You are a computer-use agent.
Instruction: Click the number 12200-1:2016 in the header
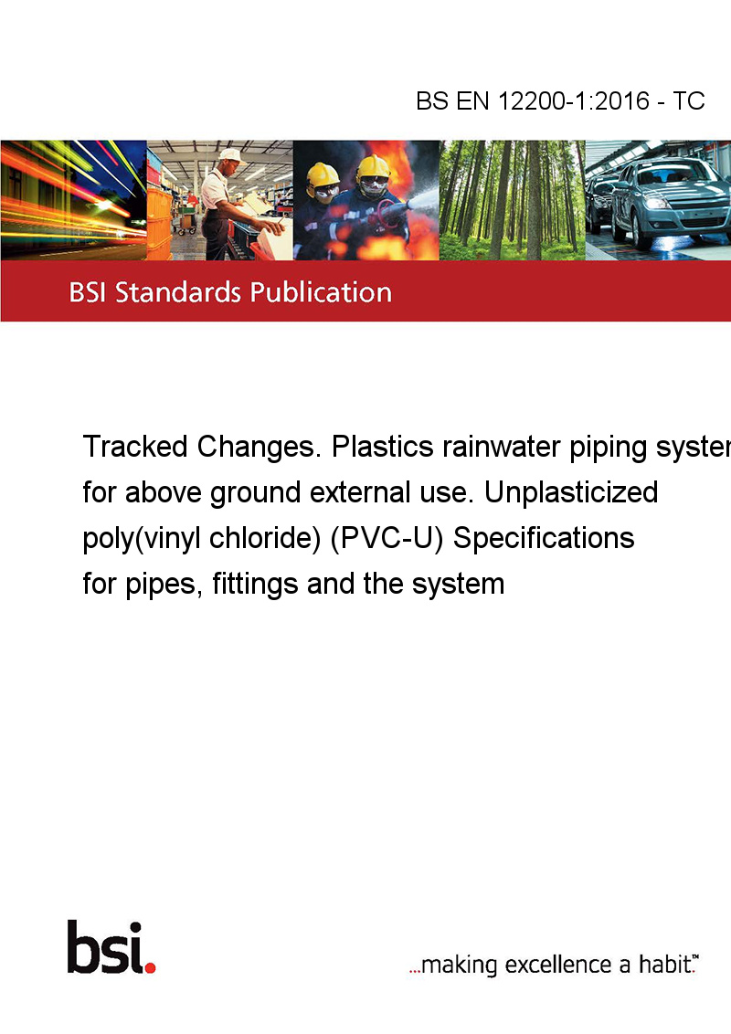[573, 100]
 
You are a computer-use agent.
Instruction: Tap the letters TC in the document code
[689, 100]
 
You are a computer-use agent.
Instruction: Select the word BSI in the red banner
[89, 292]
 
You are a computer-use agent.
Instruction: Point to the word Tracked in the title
[135, 447]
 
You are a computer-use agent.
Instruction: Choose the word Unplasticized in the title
[571, 492]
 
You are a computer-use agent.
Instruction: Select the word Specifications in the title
[544, 538]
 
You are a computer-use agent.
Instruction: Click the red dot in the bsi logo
[150, 967]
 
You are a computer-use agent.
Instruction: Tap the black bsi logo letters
[106, 947]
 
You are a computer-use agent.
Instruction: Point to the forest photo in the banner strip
[512, 200]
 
